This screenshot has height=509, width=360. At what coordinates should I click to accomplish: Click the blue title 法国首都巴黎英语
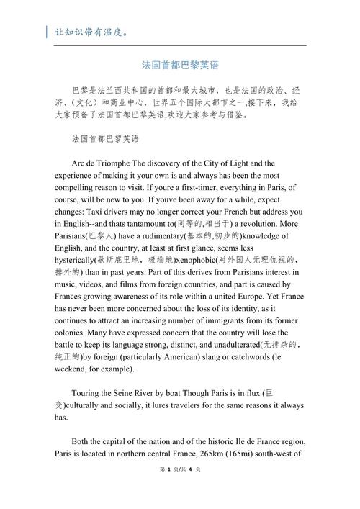pos(180,65)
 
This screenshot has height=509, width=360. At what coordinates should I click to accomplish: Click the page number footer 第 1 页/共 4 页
pos(179,489)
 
